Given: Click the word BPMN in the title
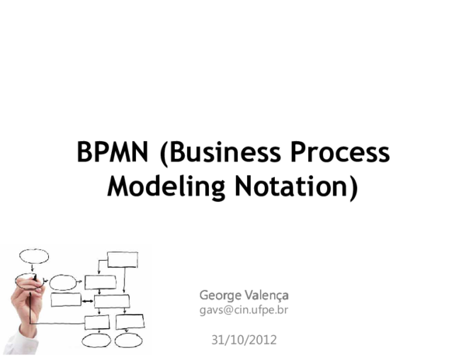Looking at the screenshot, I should [113, 152].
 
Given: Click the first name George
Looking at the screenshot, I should [218, 295].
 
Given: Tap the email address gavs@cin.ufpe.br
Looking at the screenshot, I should [244, 310].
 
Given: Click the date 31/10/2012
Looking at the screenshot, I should [244, 340].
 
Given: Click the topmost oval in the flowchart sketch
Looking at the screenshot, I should [34, 256].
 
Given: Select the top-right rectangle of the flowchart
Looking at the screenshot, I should [123, 259].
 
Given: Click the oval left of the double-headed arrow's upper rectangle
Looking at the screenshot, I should [64, 282].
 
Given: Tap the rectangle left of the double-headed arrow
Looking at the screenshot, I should [66, 300].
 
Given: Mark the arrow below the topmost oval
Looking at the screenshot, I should [32, 268].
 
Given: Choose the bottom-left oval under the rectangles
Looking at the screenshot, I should [97, 340].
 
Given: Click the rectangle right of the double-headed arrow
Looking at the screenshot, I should [111, 301].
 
